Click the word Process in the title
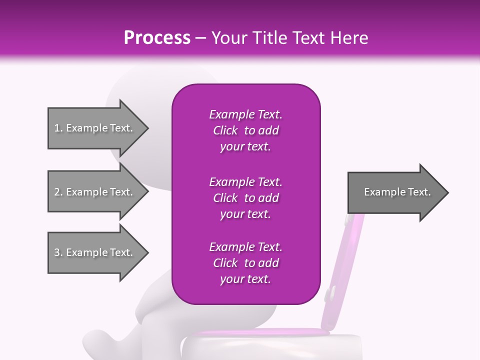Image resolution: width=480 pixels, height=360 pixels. (x=157, y=38)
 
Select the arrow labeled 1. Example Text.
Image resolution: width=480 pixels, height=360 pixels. (x=95, y=128)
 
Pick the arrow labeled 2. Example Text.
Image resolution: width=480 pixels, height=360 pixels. (x=95, y=192)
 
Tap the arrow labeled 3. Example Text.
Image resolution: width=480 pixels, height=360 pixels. (x=95, y=252)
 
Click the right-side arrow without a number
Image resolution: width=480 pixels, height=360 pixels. (x=395, y=192)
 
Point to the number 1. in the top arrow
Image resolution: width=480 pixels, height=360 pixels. (x=58, y=128)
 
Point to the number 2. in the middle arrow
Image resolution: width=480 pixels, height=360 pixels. (x=58, y=192)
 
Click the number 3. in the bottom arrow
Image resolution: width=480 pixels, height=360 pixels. (x=58, y=252)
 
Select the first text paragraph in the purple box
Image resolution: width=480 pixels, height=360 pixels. (x=245, y=130)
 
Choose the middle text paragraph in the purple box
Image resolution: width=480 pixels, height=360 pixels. (x=245, y=197)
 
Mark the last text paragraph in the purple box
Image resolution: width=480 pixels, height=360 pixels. (x=245, y=263)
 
